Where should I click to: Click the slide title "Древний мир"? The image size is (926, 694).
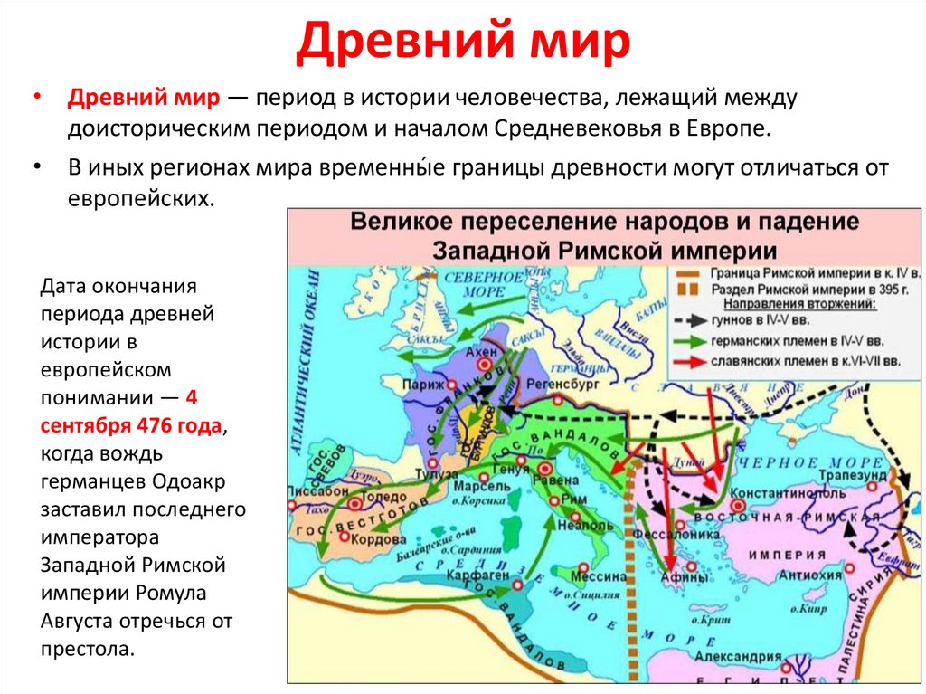pyautogui.click(x=462, y=43)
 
